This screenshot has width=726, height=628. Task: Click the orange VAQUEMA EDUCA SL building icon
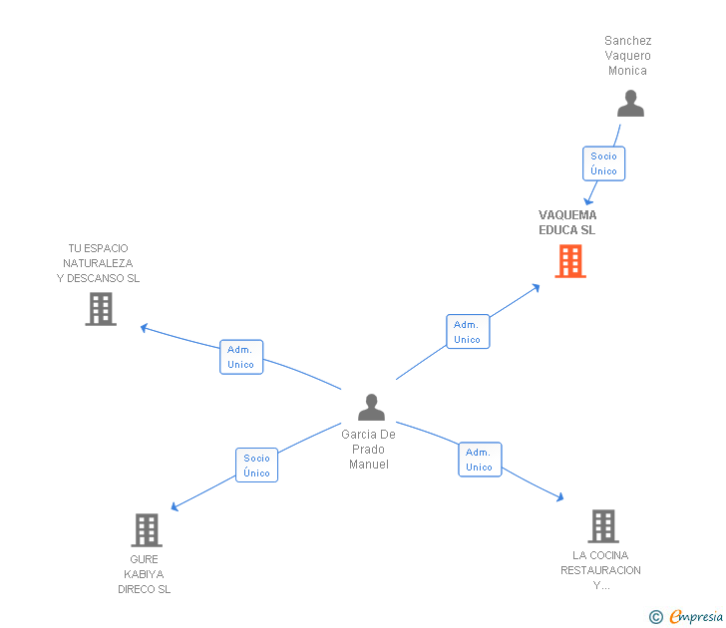pos(570,261)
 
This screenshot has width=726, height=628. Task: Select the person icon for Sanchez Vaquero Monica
pos(630,104)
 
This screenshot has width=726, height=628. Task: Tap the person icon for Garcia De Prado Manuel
pos(371,408)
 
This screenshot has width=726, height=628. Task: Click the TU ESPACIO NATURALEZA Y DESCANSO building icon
pos(101,309)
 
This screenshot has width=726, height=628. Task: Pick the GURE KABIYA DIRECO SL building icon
pos(146,530)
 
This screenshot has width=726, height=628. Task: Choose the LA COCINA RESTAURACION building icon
pos(602,525)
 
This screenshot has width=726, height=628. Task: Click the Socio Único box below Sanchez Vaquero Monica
pos(603,163)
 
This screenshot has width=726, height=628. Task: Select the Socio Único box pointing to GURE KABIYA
pos(256,466)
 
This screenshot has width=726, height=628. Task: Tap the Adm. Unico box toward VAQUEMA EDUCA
pos(467,332)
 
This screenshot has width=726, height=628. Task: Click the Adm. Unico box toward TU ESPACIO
pos(240,357)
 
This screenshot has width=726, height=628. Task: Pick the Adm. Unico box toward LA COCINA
pos(479,460)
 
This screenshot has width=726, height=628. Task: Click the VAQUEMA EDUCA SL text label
pos(567,222)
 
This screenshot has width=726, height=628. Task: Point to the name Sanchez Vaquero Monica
pos(628,56)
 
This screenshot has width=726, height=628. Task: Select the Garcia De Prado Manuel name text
pos(369,450)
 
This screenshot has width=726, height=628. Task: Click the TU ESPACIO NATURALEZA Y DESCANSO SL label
pos(98,263)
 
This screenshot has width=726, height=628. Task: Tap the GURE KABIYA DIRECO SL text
pos(145,574)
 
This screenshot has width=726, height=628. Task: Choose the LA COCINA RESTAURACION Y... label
pos(600,570)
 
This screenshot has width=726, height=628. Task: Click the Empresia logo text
pos(697,617)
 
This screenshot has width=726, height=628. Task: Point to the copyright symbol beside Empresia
pos(655,617)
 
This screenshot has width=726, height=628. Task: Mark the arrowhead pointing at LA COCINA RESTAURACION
pos(560,496)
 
